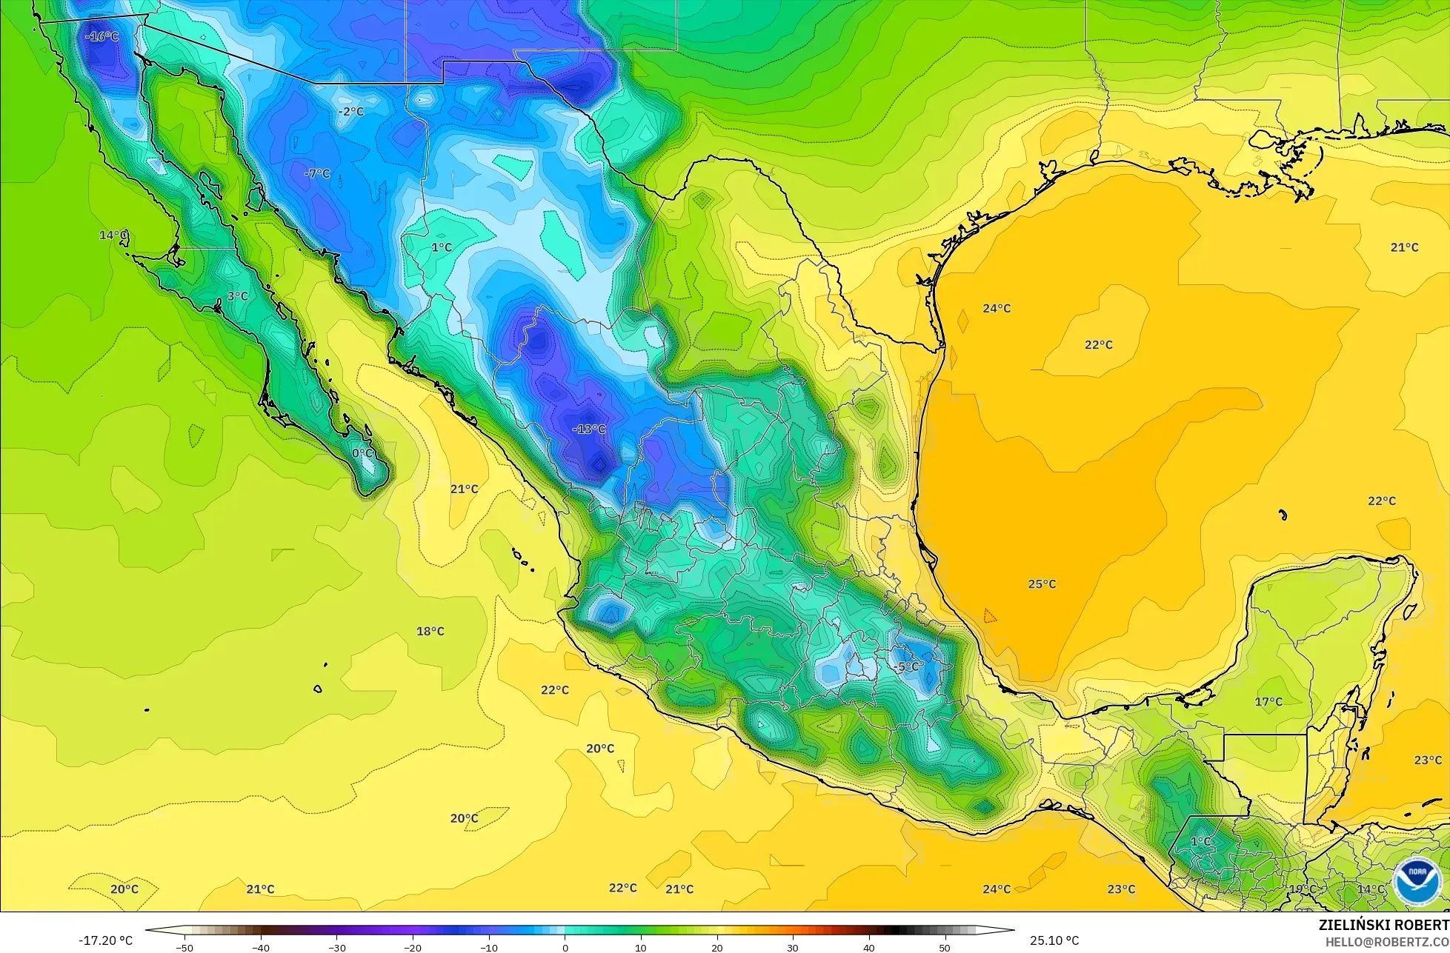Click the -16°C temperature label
point(102,36)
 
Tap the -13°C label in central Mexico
point(589,429)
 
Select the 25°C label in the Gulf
point(1042,584)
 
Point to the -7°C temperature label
point(317,173)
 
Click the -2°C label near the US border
point(350,112)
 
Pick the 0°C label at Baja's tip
point(362,453)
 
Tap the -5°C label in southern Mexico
point(905,666)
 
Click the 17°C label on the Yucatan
point(1268,701)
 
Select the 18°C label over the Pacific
point(430,632)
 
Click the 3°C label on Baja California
point(237,296)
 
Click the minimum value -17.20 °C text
point(105,940)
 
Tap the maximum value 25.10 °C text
point(1054,940)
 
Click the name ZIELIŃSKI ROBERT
point(1383,925)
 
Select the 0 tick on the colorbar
point(565,947)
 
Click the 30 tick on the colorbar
point(793,947)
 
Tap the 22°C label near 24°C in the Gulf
point(1099,344)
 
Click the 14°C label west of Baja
point(113,235)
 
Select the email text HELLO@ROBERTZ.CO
point(1387,942)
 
